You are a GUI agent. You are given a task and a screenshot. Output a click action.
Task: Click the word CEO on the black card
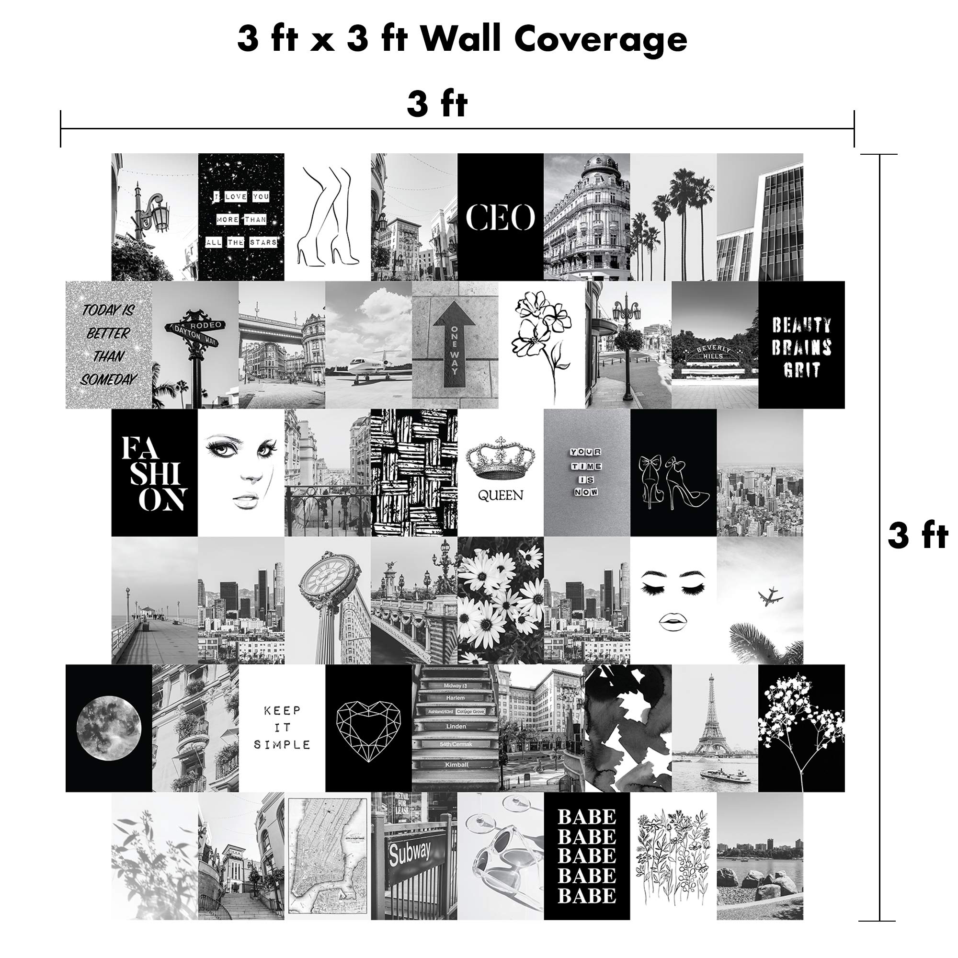coord(501,217)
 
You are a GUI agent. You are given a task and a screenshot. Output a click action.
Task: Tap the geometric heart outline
coord(368,731)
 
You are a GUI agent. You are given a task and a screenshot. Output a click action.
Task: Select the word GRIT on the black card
coord(801,370)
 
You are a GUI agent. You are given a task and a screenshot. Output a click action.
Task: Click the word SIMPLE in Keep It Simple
coord(282,744)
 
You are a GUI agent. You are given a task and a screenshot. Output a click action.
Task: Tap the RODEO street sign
coord(208,324)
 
